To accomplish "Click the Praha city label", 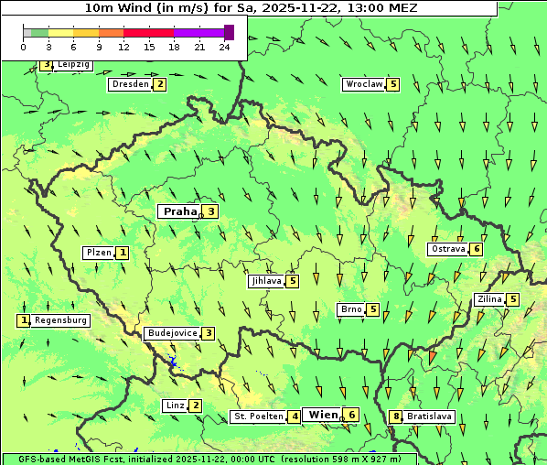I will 179,211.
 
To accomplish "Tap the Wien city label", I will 323,416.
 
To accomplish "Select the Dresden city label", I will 129,84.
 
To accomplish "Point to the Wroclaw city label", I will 363,84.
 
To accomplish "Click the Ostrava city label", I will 447,249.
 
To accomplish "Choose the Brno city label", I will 351,309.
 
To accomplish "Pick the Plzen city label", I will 99,253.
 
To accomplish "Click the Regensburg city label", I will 60,320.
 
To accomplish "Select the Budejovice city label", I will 171,333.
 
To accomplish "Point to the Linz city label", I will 174,406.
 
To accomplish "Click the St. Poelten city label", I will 257,417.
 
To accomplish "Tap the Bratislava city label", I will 429,416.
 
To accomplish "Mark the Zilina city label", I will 489,299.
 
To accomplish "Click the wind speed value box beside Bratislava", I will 396,416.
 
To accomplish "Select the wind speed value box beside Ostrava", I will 477,249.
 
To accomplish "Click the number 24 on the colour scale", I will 224,47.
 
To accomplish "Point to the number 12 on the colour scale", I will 123,47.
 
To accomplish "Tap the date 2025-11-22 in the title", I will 326,7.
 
